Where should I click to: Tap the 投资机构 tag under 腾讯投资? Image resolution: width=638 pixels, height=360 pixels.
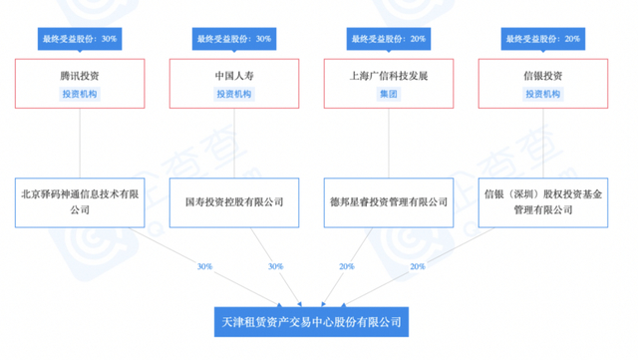click(80, 94)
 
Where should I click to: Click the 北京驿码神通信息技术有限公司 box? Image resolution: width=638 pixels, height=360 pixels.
click(80, 202)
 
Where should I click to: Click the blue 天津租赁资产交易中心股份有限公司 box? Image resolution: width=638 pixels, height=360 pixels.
click(312, 323)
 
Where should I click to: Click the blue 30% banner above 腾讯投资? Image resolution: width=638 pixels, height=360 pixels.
click(80, 39)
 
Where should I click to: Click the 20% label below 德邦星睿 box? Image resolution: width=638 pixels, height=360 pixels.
click(346, 266)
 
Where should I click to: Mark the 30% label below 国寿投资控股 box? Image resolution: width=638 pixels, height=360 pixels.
click(276, 266)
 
